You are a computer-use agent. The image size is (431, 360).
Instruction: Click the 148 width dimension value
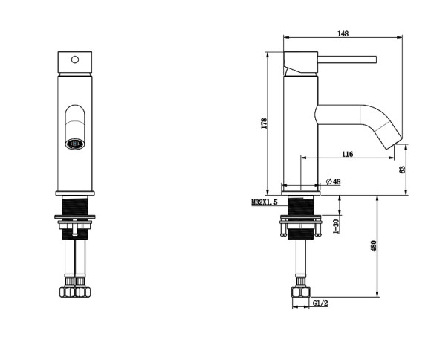click(x=343, y=33)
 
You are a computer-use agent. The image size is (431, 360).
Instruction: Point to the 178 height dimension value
click(x=264, y=123)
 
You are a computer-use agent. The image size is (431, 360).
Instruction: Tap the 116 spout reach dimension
click(x=348, y=154)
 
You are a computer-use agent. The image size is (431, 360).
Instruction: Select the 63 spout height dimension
click(x=403, y=170)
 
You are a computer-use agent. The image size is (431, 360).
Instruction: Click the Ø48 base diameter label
click(x=333, y=181)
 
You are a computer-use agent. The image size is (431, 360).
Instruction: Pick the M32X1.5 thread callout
click(x=265, y=202)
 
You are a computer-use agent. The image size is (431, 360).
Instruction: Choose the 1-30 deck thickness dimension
click(x=336, y=227)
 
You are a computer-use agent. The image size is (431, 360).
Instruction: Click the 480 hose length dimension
click(x=374, y=246)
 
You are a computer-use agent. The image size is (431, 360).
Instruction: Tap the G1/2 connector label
click(x=320, y=303)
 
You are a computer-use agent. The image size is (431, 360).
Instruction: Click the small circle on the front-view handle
click(x=75, y=60)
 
